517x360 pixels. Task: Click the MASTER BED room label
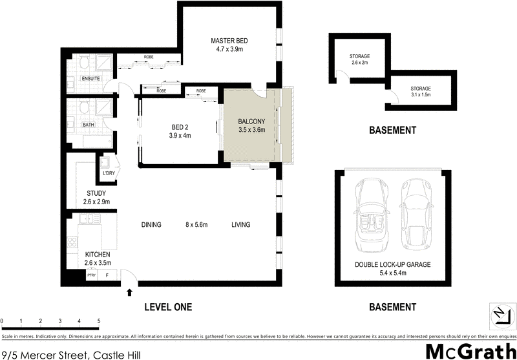point(229,42)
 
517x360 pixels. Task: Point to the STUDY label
point(96,193)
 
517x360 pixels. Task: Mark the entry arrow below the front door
point(130,293)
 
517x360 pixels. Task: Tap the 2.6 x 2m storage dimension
point(359,63)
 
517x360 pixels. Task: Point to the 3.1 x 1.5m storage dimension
point(420,95)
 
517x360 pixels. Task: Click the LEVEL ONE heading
point(167,307)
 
